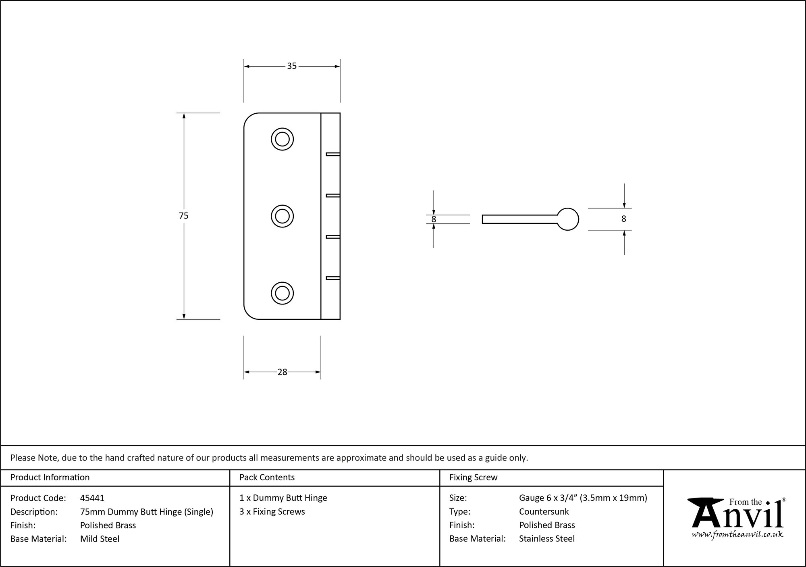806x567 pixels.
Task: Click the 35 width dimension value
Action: coord(292,66)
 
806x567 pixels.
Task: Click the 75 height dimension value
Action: coord(184,216)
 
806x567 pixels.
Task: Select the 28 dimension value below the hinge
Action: coord(282,372)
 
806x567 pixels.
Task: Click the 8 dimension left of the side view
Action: coord(434,219)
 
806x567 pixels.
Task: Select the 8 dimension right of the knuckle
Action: coord(624,219)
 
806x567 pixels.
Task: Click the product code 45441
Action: coord(92,498)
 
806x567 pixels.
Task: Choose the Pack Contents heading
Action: coord(267,477)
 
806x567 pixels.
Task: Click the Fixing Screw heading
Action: coord(474,477)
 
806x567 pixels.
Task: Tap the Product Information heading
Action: coord(50,477)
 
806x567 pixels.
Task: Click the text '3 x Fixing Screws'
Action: coord(272,511)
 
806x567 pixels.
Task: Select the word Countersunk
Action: coord(544,511)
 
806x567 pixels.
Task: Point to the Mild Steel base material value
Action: coord(100,539)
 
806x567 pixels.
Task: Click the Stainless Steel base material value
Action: coord(547,538)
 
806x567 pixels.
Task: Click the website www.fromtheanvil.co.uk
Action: coord(737,535)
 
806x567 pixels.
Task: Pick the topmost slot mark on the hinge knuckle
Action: coord(333,154)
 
